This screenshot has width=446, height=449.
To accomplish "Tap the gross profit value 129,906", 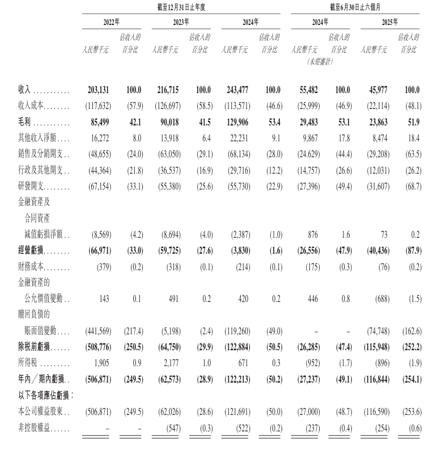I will [238, 121].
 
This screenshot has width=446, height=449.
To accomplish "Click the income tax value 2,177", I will [172, 362].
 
